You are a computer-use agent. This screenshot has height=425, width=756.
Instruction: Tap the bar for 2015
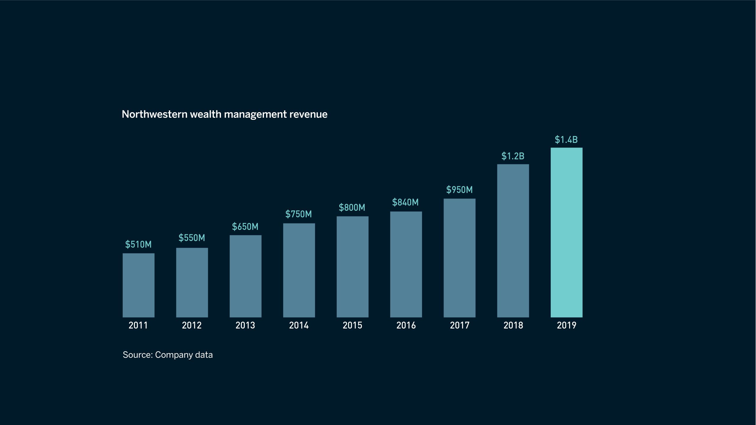coord(352,267)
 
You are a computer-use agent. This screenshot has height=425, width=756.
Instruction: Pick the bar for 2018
coord(513,241)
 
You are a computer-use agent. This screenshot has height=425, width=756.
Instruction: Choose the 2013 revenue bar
coord(245,276)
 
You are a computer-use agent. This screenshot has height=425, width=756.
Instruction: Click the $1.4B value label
coord(566,140)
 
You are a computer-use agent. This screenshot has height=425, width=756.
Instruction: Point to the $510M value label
coord(138,244)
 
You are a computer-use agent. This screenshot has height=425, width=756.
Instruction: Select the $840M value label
coord(405,202)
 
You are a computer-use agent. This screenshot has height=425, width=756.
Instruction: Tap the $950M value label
coord(459,190)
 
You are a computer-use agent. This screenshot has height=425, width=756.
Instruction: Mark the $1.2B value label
coord(513,156)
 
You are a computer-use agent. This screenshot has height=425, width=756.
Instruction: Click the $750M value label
coord(299,214)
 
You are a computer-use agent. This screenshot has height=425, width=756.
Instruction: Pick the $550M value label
coord(192,238)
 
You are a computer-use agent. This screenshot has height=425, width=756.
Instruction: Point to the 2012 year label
coord(192,325)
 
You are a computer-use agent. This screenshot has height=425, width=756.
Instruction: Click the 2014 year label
coord(299,325)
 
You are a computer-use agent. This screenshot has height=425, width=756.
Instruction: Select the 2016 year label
coord(406,325)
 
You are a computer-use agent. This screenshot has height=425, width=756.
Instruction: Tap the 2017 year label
coord(460,325)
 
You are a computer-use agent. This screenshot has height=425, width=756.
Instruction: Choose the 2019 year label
coord(566,325)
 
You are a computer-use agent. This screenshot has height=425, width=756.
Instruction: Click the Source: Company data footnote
coord(168,355)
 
